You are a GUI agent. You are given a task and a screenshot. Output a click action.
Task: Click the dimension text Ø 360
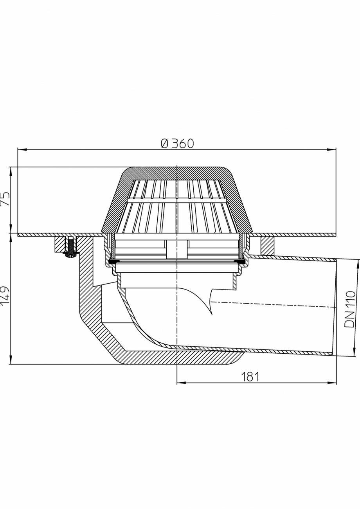[x=177, y=144]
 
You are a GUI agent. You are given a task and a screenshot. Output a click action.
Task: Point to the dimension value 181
[x=250, y=377]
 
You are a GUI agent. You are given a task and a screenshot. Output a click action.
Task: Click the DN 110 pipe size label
[x=350, y=309]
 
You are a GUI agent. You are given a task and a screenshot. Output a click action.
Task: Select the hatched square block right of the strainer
[x=267, y=245]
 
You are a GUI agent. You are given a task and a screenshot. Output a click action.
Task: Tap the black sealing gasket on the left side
[x=112, y=261]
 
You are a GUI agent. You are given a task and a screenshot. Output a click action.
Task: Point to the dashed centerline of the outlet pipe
[x=274, y=304]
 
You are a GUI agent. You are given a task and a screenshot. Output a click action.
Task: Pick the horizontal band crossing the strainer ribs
[x=177, y=200]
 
